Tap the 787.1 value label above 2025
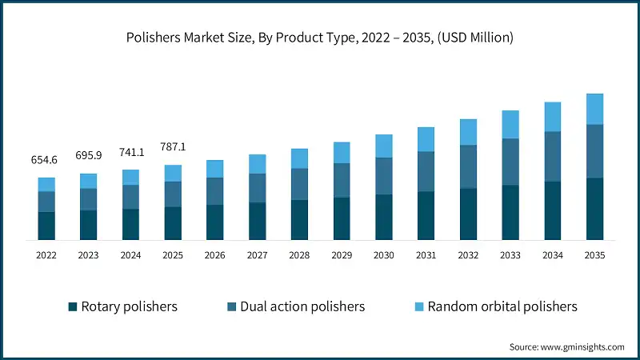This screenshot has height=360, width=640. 173,147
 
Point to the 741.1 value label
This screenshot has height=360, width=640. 130,152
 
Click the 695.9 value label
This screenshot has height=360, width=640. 88,156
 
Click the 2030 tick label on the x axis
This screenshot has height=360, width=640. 383,255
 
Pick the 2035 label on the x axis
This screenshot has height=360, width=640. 594,255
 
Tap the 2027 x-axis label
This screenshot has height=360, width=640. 257,255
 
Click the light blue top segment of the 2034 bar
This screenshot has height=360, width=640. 552,117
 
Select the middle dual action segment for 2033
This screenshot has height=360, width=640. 510,162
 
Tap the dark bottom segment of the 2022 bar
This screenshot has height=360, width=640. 46,226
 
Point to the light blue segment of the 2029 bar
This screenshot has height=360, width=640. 342,153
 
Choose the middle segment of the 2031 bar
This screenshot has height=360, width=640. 426,171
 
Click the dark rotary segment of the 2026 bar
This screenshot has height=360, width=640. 214,222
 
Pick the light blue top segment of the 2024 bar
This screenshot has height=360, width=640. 130,177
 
